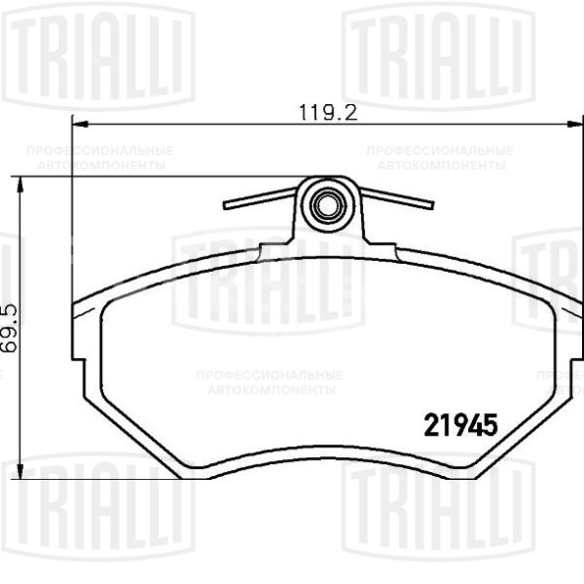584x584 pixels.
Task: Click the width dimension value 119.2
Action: click(327, 112)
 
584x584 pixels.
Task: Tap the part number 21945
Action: click(459, 425)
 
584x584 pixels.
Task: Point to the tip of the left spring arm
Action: click(227, 207)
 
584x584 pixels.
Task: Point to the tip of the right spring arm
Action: click(432, 206)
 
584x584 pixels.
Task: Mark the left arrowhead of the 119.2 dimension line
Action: click(79, 125)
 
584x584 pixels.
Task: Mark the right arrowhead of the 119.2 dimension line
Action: click(576, 125)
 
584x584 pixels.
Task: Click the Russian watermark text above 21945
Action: click(270, 382)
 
